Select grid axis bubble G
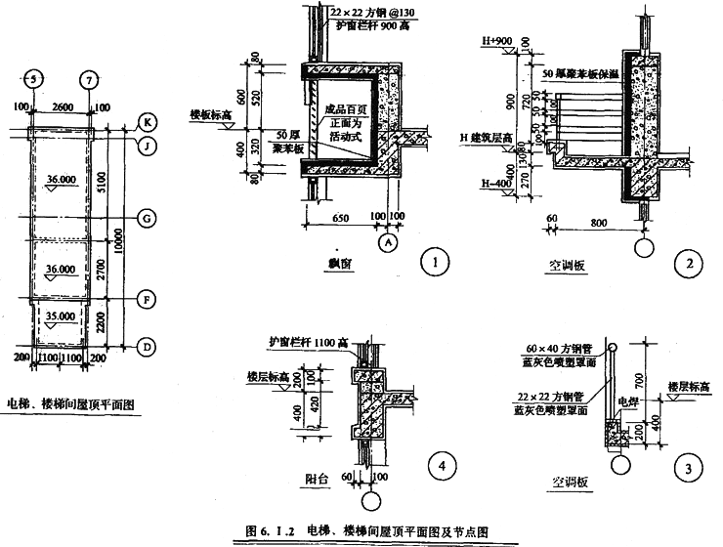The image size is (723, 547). [x=145, y=219]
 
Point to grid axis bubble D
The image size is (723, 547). [x=145, y=346]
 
